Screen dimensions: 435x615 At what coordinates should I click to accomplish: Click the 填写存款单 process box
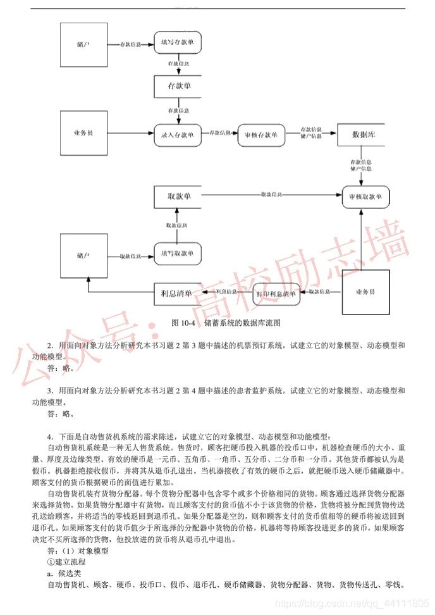tap(177, 45)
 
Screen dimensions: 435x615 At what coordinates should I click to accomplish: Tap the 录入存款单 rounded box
tap(177, 134)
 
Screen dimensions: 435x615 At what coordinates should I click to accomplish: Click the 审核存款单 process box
tap(260, 134)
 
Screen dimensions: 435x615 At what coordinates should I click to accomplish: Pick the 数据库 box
tap(360, 134)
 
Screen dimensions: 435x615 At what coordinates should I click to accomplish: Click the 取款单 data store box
tap(177, 196)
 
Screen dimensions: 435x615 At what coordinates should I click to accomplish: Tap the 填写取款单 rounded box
tap(177, 254)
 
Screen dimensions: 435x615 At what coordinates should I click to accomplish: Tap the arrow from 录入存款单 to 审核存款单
tap(219, 134)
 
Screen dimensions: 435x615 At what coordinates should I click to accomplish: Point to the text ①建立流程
tap(69, 562)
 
